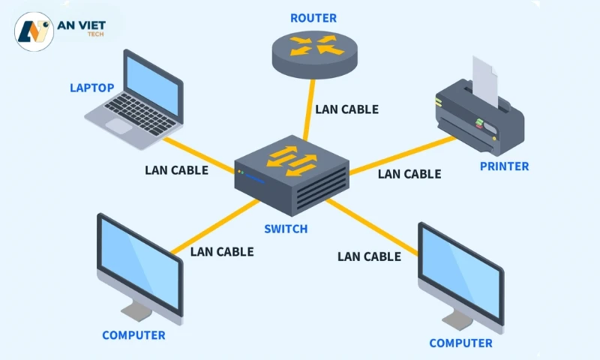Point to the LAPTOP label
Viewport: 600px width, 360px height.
point(92,88)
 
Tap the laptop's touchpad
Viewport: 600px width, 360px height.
point(119,125)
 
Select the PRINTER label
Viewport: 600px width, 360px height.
point(504,166)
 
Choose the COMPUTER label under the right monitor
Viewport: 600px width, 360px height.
point(460,343)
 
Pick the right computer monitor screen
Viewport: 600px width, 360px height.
point(460,274)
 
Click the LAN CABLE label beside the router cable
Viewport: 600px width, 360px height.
point(346,109)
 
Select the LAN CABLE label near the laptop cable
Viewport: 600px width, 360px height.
point(176,169)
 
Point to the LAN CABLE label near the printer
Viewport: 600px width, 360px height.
point(409,174)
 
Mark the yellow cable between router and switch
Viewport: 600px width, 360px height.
point(308,112)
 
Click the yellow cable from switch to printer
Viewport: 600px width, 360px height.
point(405,154)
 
